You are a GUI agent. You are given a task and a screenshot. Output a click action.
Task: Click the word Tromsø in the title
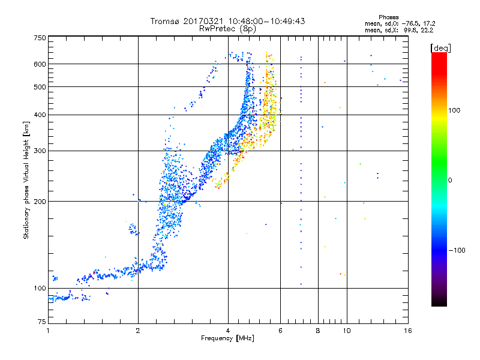click(166, 21)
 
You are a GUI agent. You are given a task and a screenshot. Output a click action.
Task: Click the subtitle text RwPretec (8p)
click(227, 29)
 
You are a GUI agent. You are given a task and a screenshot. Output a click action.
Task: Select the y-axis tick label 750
click(40, 38)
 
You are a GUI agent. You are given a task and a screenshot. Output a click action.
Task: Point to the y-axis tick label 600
click(40, 64)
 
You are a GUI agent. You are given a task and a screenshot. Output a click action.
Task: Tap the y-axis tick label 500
click(40, 87)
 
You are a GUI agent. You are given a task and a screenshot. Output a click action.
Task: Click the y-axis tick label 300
click(40, 151)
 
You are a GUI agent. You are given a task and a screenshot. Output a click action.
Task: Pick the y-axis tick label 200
click(40, 202)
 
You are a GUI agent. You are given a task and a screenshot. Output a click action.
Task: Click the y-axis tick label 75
click(42, 322)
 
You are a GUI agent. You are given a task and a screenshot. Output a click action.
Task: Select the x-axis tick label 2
click(138, 331)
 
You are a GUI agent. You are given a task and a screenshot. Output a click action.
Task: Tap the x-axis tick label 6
click(280, 331)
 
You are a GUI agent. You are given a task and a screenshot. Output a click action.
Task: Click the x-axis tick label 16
click(408, 331)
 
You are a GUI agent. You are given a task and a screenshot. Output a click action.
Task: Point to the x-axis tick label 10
click(347, 331)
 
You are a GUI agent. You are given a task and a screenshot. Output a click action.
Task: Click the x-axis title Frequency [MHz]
click(227, 338)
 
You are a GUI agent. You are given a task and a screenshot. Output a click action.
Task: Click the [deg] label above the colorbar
click(440, 48)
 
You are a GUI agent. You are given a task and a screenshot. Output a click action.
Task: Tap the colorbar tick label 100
click(454, 110)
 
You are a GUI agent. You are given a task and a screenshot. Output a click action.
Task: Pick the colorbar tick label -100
click(457, 250)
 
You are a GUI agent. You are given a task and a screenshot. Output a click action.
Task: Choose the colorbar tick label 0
click(450, 181)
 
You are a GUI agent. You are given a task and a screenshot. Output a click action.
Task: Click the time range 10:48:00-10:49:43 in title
click(266, 21)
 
